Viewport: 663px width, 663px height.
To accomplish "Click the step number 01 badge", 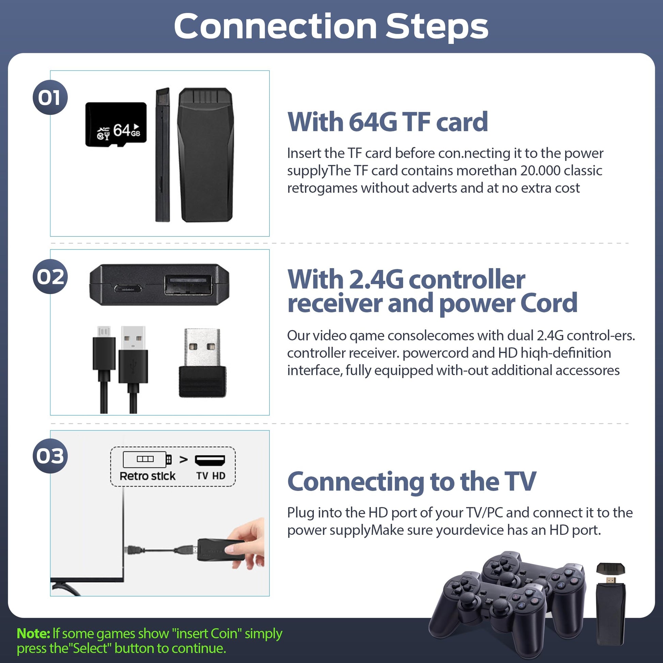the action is click(x=50, y=97).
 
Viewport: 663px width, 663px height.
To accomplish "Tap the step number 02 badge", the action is click(x=50, y=277).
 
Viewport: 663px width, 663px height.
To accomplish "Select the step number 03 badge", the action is click(x=50, y=456).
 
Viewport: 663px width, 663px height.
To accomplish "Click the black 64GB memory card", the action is click(x=116, y=125).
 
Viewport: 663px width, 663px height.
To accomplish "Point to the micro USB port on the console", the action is click(x=128, y=288).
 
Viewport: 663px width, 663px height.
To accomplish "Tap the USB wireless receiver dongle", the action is click(x=202, y=363).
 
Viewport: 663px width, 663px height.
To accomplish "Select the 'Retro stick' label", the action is click(x=148, y=476).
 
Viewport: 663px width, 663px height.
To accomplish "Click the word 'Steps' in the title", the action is click(x=437, y=27).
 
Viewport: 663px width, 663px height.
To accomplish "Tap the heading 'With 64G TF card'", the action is click(x=387, y=122).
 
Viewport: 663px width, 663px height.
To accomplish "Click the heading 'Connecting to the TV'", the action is click(x=412, y=482).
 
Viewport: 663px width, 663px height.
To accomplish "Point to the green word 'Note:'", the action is click(x=34, y=633).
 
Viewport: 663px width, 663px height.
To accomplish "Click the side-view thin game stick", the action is click(x=163, y=155).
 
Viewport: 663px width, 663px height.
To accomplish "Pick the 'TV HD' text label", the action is click(x=211, y=476).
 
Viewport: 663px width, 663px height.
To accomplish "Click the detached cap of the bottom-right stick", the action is click(x=611, y=569).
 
